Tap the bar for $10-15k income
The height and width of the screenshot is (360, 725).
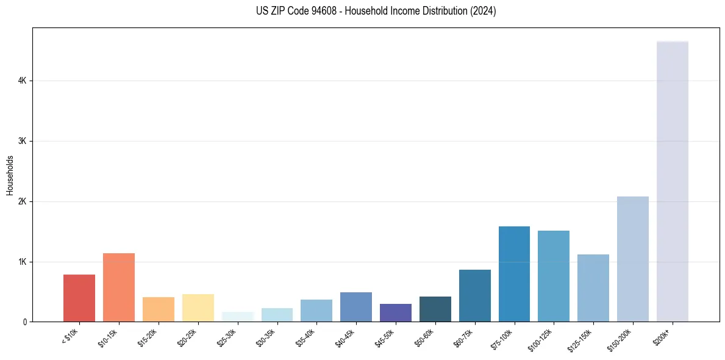119,287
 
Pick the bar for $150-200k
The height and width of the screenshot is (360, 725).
632,259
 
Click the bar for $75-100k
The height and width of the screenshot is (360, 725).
514,274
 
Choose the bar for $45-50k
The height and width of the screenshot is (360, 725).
396,312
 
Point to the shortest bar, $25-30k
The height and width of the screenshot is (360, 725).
237,317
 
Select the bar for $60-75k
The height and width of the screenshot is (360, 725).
474,295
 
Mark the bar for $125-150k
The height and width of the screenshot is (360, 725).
593,288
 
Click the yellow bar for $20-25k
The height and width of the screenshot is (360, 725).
198,308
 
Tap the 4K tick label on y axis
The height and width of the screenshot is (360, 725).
22,81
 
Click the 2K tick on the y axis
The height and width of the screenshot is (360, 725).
22,201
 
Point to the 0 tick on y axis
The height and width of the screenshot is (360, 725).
25,322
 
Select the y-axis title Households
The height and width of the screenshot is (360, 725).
10,175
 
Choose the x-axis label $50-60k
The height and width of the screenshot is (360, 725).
424,336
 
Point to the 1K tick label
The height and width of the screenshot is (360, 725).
22,262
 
